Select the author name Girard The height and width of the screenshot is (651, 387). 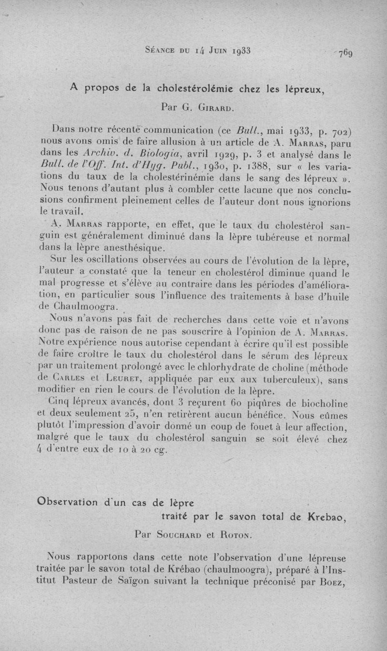(215, 108)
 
